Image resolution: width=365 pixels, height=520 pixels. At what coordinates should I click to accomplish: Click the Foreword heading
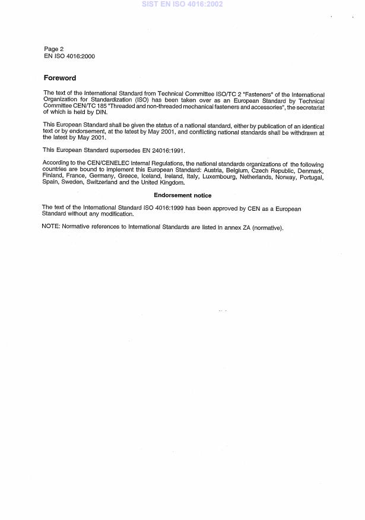point(60,78)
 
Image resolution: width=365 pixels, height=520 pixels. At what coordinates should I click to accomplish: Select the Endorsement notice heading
point(182,195)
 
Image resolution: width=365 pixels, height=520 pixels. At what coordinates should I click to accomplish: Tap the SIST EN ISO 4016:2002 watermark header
point(182,4)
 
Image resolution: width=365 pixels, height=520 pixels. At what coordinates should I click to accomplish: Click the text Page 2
point(54,49)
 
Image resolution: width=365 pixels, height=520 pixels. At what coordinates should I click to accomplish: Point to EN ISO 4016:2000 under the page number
point(69,56)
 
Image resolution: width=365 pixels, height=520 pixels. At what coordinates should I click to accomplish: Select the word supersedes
point(133,151)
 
